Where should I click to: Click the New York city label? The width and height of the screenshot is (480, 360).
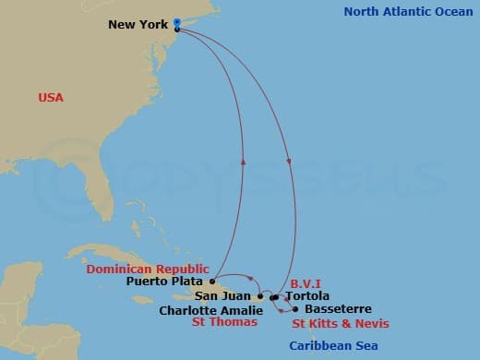coord(138,25)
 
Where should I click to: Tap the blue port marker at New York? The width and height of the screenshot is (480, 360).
coord(176,23)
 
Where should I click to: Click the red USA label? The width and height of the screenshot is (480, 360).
coord(51,97)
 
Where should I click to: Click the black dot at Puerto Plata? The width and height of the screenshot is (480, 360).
coord(213,281)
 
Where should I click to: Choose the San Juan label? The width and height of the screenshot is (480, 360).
coord(222,296)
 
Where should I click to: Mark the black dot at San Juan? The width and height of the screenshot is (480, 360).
coord(259,296)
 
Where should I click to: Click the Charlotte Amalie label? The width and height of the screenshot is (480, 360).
coord(209,310)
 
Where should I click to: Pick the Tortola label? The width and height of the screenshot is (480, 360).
coord(307,296)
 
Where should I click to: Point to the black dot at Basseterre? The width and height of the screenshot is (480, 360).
coord(294,308)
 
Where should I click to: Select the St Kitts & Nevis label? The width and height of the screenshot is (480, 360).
coord(341,323)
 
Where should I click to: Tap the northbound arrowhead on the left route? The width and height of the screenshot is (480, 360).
coord(244,160)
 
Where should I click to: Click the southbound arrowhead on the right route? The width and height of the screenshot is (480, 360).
coord(290,162)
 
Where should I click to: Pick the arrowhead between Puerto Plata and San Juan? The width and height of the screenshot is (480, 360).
coord(250,275)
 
